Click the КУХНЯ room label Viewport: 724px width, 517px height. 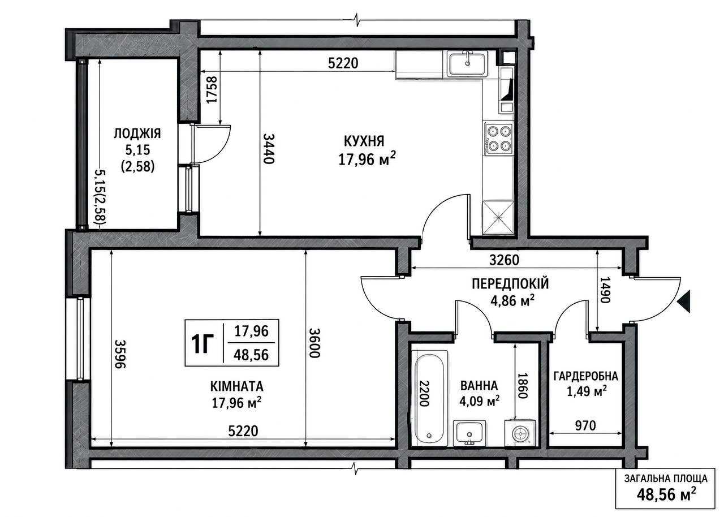point(364,141)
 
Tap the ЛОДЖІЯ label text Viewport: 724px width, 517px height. point(137,133)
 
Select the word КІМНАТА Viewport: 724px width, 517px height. point(236,386)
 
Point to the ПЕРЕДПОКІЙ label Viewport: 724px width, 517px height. point(510,283)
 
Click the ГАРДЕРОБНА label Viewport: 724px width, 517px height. point(586,376)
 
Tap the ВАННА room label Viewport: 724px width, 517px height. point(479,386)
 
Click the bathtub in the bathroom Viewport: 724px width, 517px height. point(430,398)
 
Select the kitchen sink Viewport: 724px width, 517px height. point(467,65)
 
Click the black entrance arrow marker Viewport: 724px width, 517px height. point(684,301)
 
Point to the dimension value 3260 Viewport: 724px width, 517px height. point(504,260)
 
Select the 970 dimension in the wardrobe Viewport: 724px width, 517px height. point(585,426)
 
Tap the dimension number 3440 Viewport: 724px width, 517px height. point(269,149)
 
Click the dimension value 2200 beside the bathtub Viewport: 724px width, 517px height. point(424,393)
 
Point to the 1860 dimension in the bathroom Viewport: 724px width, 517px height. point(523,386)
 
